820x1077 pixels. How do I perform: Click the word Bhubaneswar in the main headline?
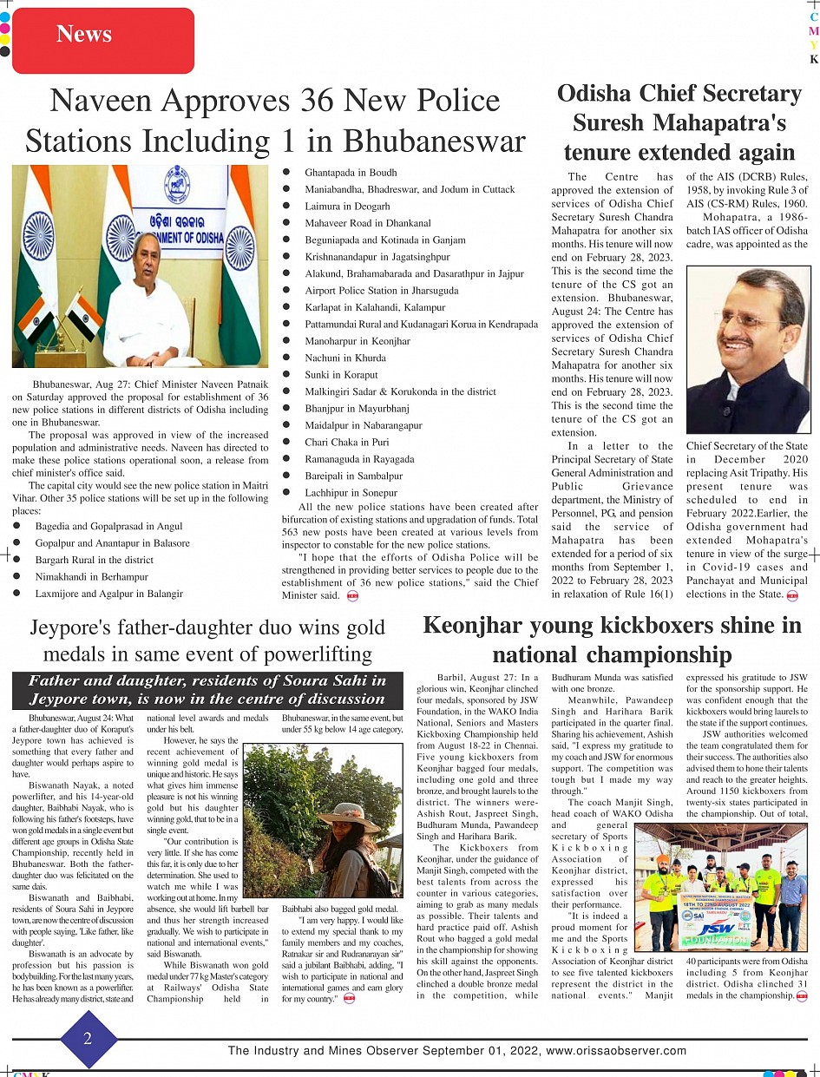[432, 141]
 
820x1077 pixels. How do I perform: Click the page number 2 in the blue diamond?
[87, 1039]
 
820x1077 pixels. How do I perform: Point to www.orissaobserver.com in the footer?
[616, 1051]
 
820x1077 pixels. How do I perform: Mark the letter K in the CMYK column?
[813, 60]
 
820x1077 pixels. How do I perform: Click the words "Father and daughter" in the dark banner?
[112, 680]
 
